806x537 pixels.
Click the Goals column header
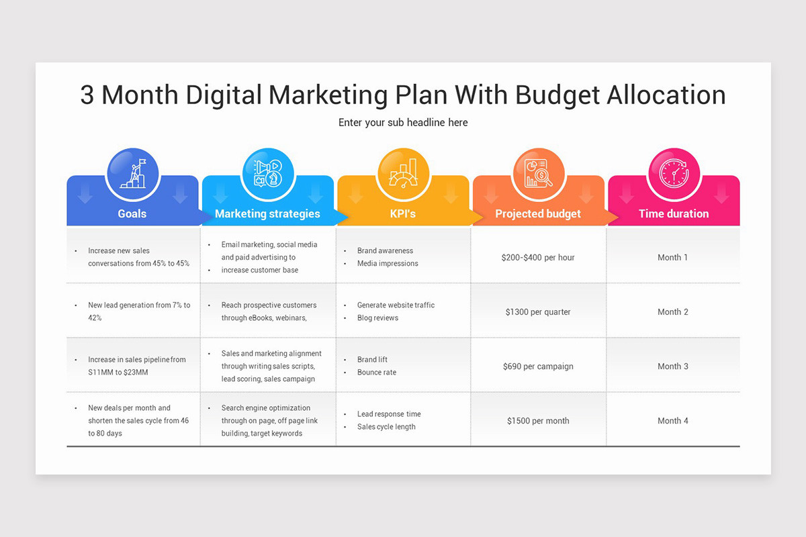[x=132, y=214]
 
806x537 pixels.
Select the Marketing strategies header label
[x=267, y=214]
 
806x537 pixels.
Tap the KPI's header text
[x=403, y=214]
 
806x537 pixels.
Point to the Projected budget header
[x=538, y=214]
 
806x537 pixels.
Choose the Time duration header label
[x=674, y=214]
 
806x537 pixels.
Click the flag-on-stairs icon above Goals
[x=132, y=174]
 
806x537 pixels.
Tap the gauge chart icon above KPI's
[x=403, y=174]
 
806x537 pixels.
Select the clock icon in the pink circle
[x=674, y=174]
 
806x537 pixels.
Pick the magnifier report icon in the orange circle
[x=538, y=174]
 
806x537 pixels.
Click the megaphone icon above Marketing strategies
[x=267, y=174]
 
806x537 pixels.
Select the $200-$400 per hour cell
[x=538, y=258]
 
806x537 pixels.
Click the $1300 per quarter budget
[x=538, y=312]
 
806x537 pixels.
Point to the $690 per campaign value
[x=538, y=367]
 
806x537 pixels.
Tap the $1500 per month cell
[x=538, y=421]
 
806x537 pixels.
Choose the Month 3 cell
[x=673, y=367]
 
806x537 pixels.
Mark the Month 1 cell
[x=673, y=258]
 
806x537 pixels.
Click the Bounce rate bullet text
[x=377, y=373]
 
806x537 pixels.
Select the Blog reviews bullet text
[x=377, y=318]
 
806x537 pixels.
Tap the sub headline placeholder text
[x=403, y=123]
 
